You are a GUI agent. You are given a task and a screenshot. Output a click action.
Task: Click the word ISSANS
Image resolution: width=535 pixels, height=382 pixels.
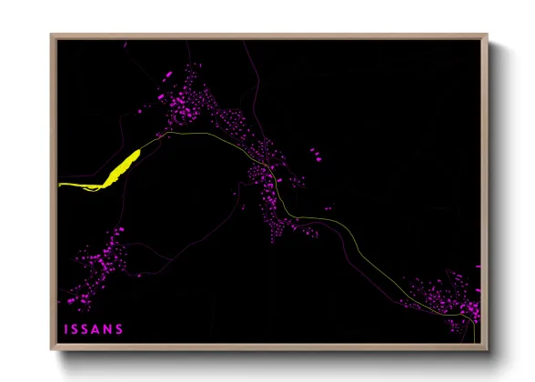coord(93,328)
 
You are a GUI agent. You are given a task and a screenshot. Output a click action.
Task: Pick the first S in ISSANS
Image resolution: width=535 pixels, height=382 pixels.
coord(76,328)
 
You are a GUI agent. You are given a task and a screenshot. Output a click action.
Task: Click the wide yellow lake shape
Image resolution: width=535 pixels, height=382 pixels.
coord(122,168)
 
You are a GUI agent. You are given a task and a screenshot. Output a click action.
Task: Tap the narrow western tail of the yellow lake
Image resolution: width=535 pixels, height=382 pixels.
coord(73,185)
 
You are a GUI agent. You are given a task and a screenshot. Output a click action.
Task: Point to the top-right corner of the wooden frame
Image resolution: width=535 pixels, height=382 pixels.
coord(484,36)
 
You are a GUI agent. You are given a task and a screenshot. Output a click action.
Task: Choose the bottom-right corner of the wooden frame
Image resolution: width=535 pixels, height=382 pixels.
coord(484,348)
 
